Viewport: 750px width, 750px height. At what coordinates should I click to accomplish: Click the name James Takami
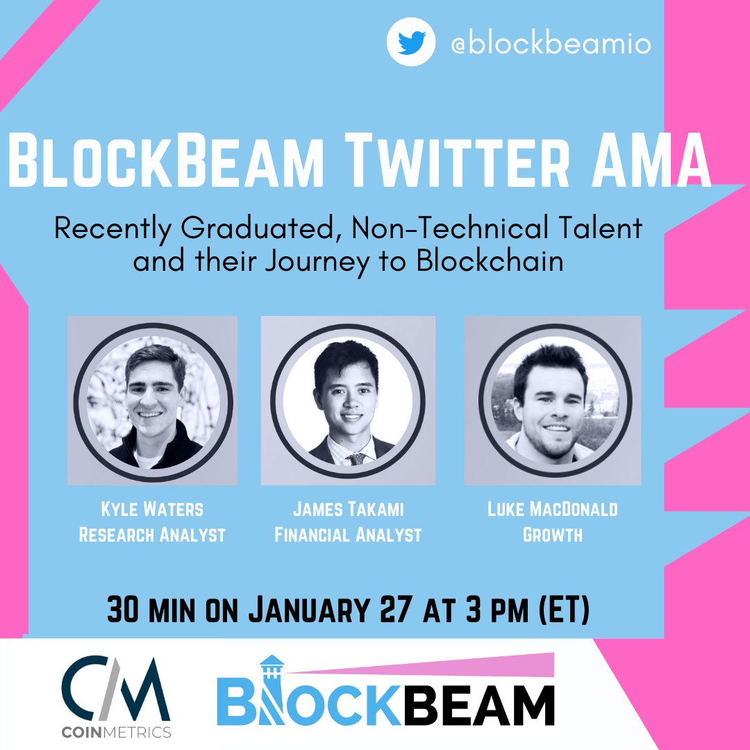(347, 509)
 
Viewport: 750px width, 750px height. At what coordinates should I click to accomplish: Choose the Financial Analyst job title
(347, 535)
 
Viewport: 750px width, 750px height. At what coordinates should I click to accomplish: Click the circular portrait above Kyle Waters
(152, 399)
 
